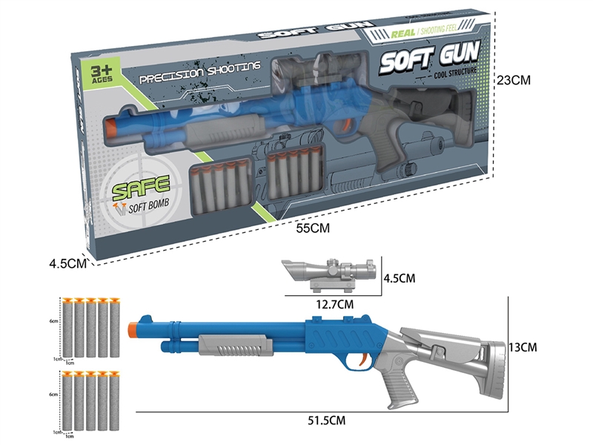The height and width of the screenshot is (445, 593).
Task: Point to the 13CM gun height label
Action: pyautogui.click(x=529, y=346)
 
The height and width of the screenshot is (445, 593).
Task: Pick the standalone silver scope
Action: pyautogui.click(x=329, y=272)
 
